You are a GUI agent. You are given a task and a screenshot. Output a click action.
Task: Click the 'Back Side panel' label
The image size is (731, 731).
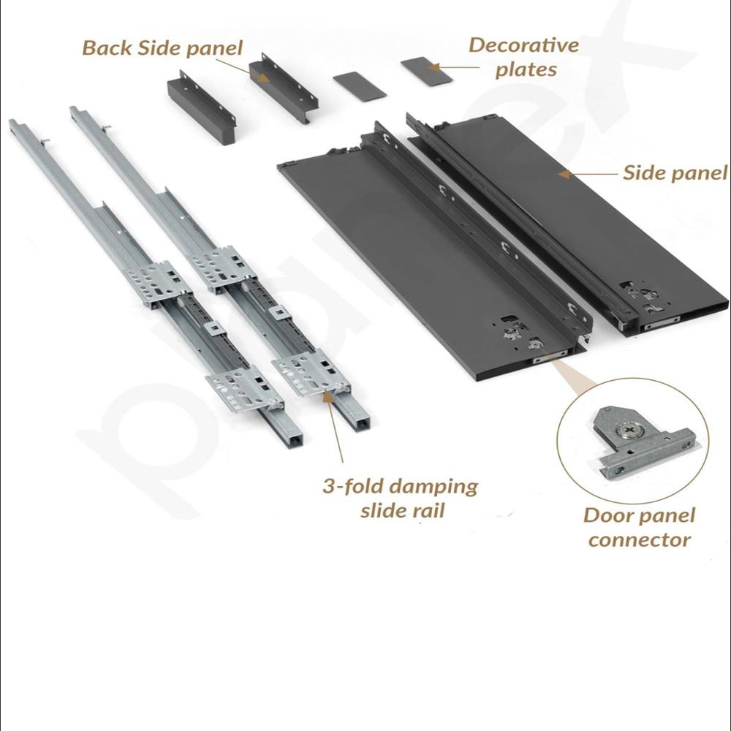pos(162,48)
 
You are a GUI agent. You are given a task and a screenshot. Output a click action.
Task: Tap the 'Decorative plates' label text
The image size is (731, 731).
pos(523,57)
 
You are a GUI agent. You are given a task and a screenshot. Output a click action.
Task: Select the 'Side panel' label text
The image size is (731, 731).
pos(674,173)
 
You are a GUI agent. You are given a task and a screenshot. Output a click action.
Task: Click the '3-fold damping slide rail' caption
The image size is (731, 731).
pos(400,498)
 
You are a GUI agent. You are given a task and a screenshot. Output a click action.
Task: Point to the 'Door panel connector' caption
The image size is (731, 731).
pos(639,528)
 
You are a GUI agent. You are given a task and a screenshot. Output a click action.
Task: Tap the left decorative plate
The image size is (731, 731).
pos(358,85)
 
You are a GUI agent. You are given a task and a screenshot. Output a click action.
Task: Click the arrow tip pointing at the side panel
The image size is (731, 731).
pos(561,174)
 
